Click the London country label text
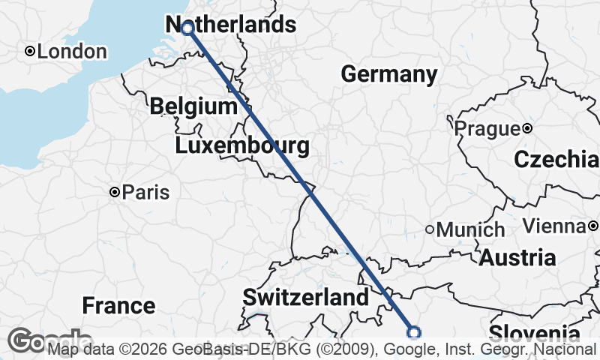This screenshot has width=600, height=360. [x=72, y=52]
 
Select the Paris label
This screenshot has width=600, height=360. [x=145, y=192]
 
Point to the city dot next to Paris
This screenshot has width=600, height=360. [x=115, y=192]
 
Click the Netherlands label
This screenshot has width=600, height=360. [x=229, y=25]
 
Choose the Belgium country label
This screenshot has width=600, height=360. [x=193, y=106]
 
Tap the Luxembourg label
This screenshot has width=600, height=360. [x=242, y=145]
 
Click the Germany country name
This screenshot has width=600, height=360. [x=389, y=74]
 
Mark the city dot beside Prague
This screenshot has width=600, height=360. [x=528, y=128]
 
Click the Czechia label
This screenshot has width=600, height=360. [x=556, y=160]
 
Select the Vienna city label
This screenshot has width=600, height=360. [x=553, y=226]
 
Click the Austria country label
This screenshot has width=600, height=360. [x=517, y=258]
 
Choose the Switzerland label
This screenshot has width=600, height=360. [x=306, y=298]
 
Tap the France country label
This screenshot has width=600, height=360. [x=118, y=305]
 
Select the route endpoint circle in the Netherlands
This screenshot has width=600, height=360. [x=187, y=28]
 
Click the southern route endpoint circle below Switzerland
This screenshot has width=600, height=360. [x=413, y=332]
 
